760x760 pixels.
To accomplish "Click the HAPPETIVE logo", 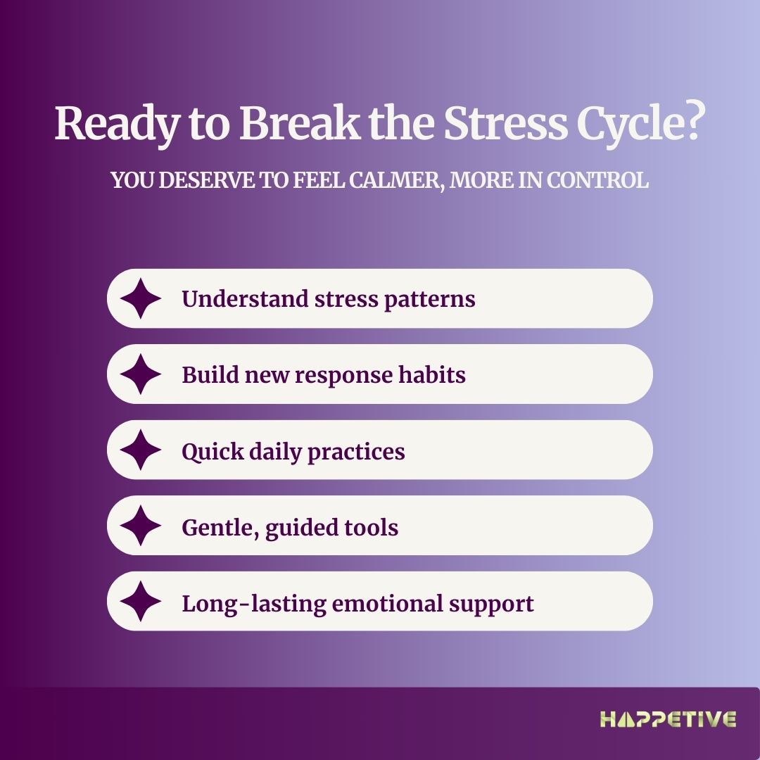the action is [668, 719].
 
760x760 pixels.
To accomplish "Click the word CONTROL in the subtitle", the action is [597, 180].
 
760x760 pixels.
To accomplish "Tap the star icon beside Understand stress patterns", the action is [141, 298].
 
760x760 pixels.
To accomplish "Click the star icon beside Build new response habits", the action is [141, 374].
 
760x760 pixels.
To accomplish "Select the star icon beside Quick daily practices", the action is [141, 450].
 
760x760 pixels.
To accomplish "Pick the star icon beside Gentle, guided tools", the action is [141, 526].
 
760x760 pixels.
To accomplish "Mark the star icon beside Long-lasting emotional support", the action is [141, 601].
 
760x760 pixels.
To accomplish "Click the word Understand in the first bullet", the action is [246, 298].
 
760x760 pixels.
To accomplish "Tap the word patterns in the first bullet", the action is [429, 300].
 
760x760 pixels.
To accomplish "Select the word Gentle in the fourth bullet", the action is [220, 528].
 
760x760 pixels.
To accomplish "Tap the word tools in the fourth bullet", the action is [372, 527].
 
